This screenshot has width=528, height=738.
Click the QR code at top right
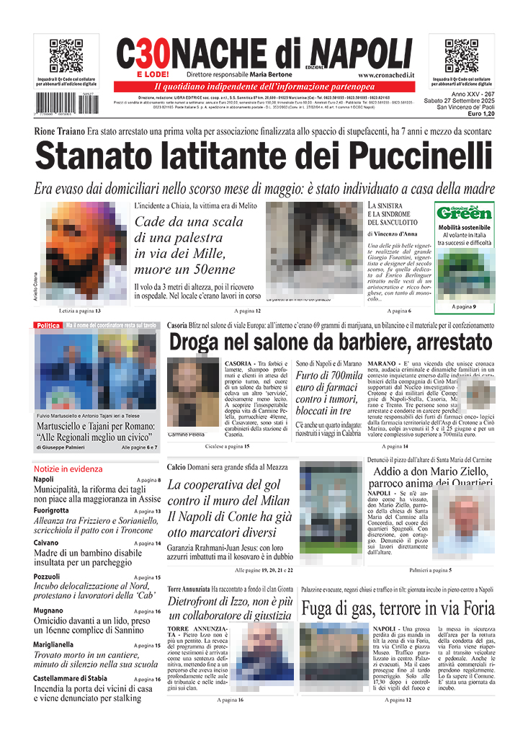click(461, 55)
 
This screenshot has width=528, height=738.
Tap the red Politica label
click(48, 326)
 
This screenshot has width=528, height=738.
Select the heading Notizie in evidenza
click(68, 468)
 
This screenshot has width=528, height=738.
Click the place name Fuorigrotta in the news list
click(51, 511)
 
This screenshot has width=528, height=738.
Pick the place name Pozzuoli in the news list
click(48, 577)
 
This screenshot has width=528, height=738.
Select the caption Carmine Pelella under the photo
click(187, 435)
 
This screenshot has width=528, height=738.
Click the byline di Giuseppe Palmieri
click(69, 448)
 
